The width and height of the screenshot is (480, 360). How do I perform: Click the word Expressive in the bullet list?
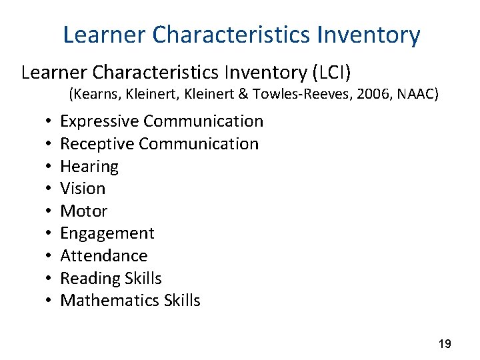[99, 121]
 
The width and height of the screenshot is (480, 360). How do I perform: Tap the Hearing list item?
[89, 167]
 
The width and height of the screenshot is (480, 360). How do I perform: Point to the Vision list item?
[83, 189]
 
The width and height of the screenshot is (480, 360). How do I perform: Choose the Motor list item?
[84, 211]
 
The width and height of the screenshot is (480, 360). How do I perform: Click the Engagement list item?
[107, 233]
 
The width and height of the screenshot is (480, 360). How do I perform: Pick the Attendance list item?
[104, 256]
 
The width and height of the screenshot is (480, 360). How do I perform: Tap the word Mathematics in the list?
[109, 301]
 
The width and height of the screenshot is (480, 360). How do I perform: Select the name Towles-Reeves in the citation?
[301, 95]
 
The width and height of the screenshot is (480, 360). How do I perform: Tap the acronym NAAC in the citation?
[415, 95]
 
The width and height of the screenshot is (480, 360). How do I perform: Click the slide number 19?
[445, 344]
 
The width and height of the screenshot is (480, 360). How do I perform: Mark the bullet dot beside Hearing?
[50, 167]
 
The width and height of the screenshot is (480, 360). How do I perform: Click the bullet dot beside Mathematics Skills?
[50, 301]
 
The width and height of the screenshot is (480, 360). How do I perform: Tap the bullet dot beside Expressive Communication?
[50, 122]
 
